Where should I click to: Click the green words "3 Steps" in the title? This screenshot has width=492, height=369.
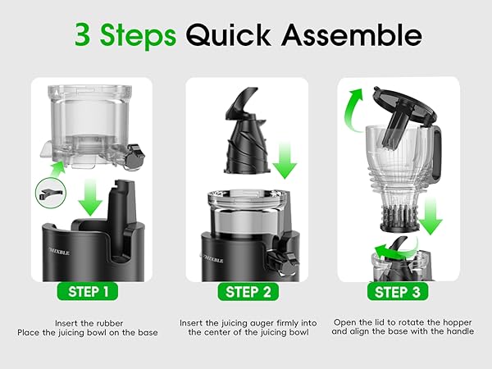coord(125,35)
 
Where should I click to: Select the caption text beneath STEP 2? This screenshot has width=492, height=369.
coord(246,328)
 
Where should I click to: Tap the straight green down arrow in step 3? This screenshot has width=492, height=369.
coord(431,215)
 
